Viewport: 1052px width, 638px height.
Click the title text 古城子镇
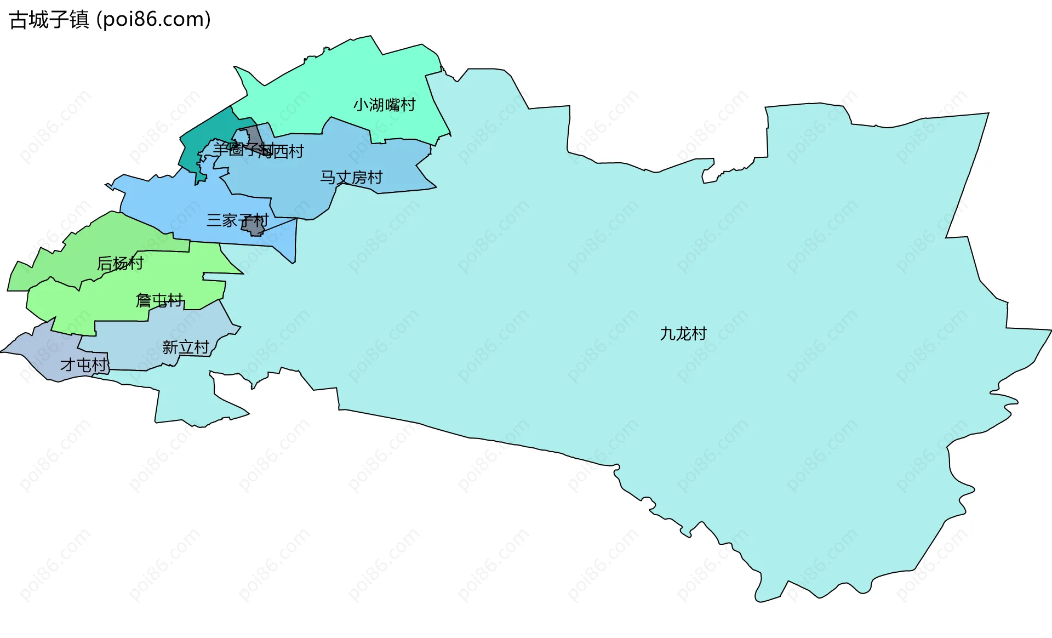click(49, 20)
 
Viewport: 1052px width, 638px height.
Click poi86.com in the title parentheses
click(153, 20)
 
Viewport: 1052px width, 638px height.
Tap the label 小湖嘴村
click(384, 105)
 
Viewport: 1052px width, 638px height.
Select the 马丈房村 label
click(351, 178)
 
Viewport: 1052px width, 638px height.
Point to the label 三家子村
click(237, 220)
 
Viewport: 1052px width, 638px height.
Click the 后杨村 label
click(120, 264)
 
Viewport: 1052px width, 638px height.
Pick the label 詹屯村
click(159, 300)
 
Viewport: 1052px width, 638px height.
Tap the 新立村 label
click(186, 347)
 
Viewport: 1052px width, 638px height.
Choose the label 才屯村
click(83, 364)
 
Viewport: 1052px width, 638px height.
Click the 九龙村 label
click(683, 333)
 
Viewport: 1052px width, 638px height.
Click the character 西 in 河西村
click(281, 151)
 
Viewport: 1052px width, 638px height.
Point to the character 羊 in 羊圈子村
click(220, 149)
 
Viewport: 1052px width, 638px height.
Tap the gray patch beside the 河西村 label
click(254, 134)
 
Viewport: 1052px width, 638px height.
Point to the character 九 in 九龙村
click(667, 333)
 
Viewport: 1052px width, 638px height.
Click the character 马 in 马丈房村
click(328, 178)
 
